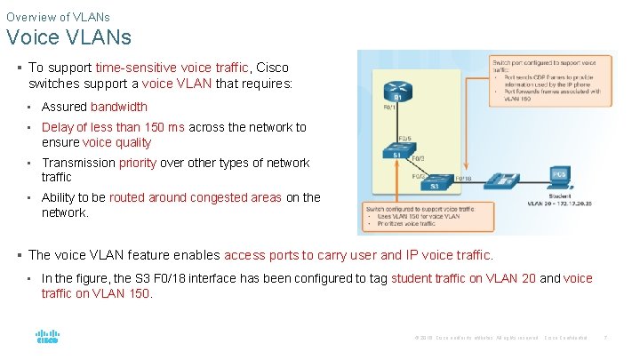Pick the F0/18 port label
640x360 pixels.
click(x=463, y=179)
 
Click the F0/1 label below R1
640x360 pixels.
click(x=389, y=108)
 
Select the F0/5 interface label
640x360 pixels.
click(x=404, y=138)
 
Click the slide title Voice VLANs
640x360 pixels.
click(x=68, y=37)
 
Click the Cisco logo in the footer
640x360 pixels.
click(x=47, y=338)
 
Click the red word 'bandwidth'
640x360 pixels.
click(x=119, y=107)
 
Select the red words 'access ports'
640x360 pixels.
click(x=260, y=255)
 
